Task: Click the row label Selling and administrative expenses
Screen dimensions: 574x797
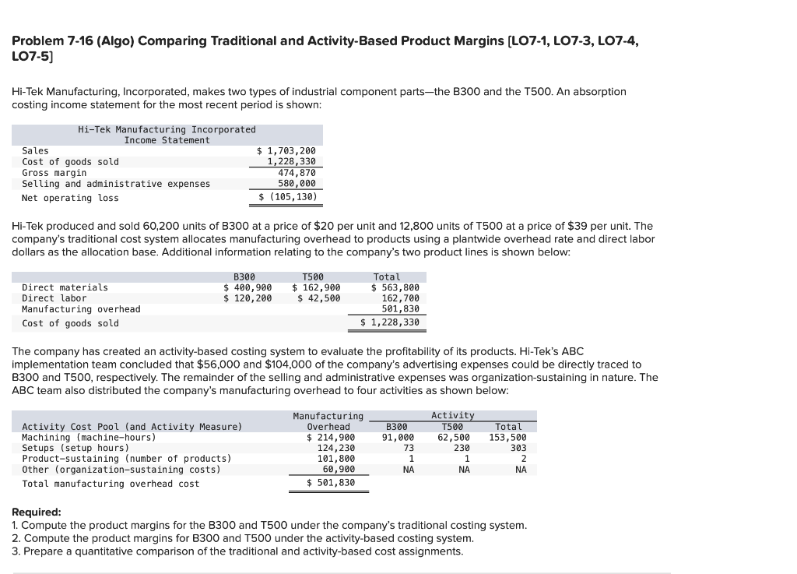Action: (x=116, y=184)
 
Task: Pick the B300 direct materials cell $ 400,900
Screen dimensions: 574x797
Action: (x=248, y=287)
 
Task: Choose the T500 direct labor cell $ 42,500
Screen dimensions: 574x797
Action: (x=318, y=298)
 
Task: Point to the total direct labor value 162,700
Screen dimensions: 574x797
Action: (x=400, y=298)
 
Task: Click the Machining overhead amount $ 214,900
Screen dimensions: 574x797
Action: (x=331, y=437)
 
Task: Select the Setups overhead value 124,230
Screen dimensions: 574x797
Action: (x=336, y=448)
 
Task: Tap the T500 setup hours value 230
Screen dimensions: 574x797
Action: (x=462, y=448)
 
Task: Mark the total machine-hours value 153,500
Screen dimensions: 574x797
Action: (x=507, y=437)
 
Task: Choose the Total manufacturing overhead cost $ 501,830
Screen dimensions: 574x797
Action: (x=331, y=483)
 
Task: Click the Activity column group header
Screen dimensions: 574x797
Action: (x=452, y=416)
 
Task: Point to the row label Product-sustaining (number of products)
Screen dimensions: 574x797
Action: (x=126, y=459)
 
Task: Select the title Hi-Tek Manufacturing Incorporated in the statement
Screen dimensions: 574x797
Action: (x=167, y=129)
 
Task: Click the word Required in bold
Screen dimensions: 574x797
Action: (x=37, y=512)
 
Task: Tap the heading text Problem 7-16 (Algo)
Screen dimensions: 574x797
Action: (x=94, y=41)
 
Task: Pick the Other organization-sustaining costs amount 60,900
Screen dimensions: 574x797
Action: (x=339, y=470)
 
